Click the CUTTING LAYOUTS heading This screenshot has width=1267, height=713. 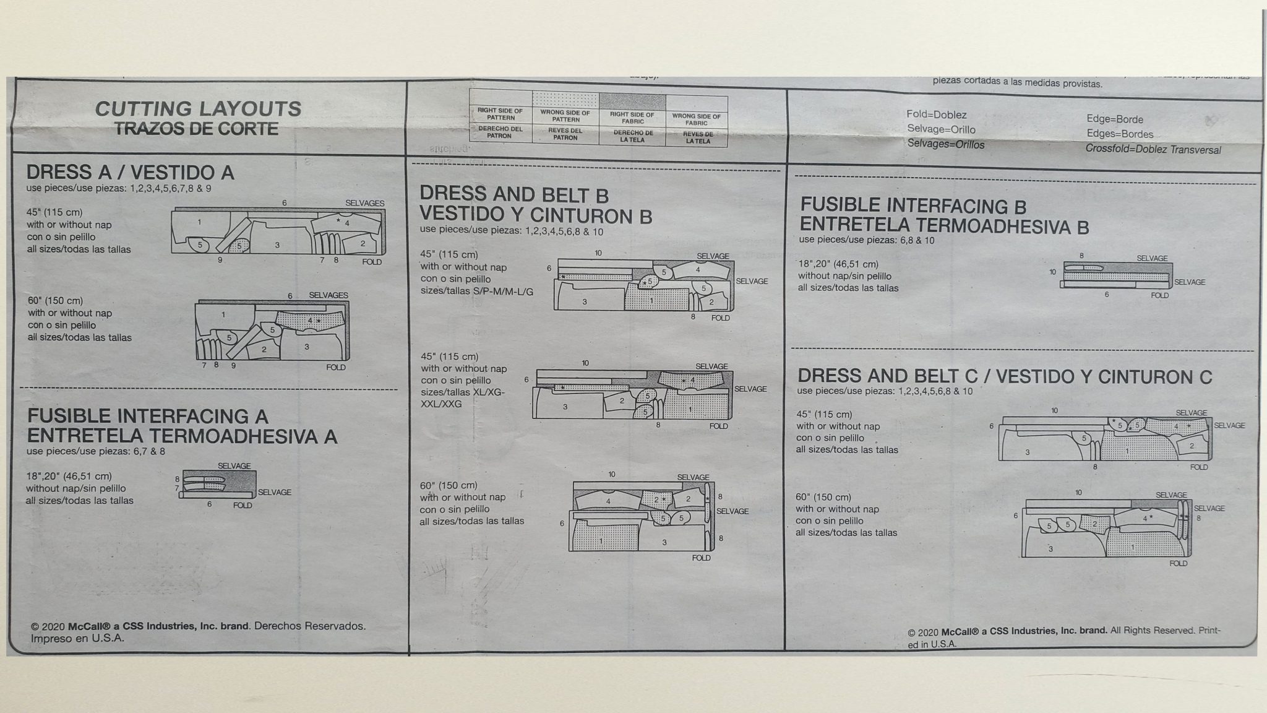(198, 109)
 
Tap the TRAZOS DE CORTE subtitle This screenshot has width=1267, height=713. (196, 129)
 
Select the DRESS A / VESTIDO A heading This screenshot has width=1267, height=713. (130, 172)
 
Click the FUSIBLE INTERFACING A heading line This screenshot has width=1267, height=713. (147, 416)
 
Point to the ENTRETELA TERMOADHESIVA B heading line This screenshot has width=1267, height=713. (944, 226)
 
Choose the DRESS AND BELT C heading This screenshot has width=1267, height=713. (1004, 376)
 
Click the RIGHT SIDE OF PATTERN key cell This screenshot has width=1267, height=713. (500, 115)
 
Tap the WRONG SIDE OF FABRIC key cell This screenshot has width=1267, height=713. (696, 119)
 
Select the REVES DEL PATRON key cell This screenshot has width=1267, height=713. (565, 134)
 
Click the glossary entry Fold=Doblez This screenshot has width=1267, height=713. (936, 115)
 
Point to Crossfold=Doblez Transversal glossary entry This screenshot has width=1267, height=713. (1153, 149)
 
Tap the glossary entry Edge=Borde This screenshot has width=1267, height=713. (1115, 119)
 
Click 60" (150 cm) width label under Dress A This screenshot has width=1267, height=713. (55, 301)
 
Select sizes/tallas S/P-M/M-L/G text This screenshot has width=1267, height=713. (476, 290)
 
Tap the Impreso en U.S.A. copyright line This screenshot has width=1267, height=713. (77, 638)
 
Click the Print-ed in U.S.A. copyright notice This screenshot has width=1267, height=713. (1064, 636)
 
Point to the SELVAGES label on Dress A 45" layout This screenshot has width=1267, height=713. (364, 203)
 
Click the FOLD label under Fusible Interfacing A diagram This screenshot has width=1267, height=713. (243, 505)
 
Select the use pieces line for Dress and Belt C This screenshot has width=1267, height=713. (885, 391)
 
